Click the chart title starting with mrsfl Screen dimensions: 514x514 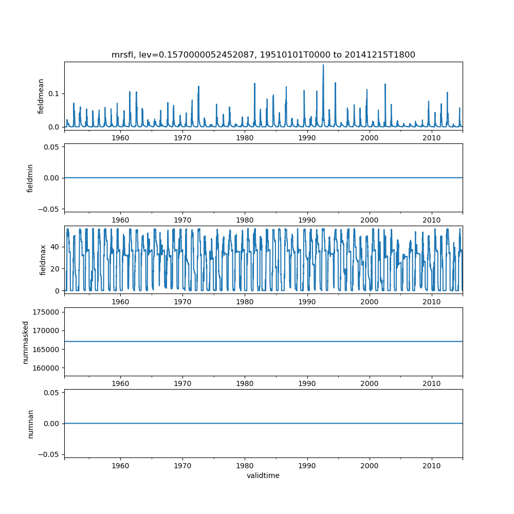point(263,54)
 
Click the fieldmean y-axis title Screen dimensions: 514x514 point(41,96)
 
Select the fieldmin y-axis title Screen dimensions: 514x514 point(30,178)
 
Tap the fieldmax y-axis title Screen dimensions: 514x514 point(43,259)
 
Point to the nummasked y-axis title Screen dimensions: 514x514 point(25,341)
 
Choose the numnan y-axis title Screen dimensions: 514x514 point(30,423)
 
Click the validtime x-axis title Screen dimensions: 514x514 point(263,475)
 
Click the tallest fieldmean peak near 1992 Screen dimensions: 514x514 point(323,65)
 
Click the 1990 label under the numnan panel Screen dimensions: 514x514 point(307,465)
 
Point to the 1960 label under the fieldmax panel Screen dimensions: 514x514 point(120,301)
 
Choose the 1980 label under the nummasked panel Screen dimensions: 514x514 point(245,383)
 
